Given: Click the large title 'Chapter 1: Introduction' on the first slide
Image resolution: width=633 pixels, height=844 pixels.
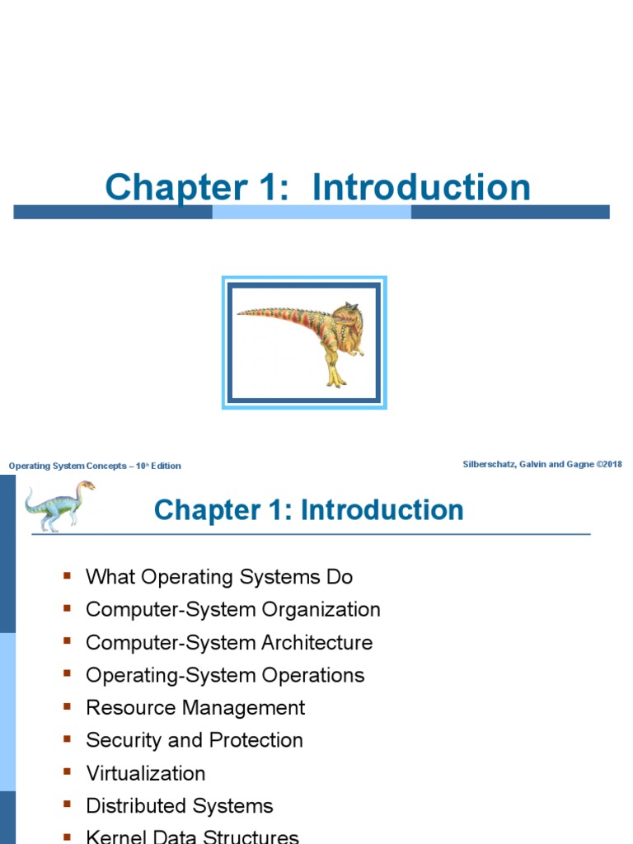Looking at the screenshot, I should pos(317,188).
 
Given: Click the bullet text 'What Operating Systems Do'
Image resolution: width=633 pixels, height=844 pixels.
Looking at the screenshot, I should pos(219,577).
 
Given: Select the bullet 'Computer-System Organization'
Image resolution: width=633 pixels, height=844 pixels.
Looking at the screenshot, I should pos(233,610).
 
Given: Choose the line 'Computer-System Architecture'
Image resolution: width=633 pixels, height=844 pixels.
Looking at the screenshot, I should pos(229,643).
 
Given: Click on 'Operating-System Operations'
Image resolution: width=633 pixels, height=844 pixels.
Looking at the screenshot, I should pos(225,675).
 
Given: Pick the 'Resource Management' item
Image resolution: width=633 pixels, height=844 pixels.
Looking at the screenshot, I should pos(195,708).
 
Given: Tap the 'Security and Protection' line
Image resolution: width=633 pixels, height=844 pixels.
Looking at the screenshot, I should pos(195,740).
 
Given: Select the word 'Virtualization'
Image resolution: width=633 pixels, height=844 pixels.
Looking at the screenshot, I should pos(146,773).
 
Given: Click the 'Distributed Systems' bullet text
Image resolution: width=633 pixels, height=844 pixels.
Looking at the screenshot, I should pos(180,806).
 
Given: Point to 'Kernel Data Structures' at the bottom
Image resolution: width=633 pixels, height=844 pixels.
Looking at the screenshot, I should pos(192,836).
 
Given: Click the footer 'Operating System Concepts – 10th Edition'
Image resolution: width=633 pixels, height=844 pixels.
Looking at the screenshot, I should pos(95,466).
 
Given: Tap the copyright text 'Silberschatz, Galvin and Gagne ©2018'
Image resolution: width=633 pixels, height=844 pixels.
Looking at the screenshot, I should pos(542,464).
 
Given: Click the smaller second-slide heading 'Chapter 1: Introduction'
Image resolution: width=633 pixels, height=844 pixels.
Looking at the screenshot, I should pos(308,510).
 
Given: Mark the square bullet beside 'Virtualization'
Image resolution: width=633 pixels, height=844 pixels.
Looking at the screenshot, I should pos(68,772).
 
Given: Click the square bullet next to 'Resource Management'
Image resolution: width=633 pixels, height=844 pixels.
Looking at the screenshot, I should pos(68,706).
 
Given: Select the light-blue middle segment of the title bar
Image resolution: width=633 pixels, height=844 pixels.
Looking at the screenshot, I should pos(312,213).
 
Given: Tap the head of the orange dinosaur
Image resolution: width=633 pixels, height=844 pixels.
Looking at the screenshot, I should pos(346,314).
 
